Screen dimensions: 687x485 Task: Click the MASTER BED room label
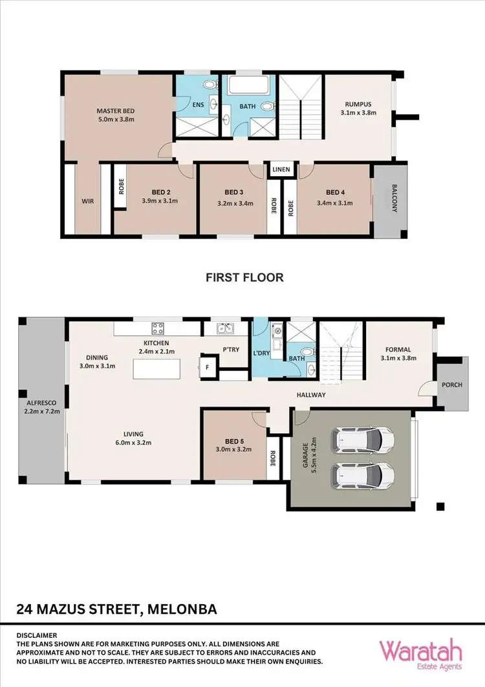[114, 110]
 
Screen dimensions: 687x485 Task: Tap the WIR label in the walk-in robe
[88, 201]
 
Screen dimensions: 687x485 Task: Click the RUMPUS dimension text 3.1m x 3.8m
[358, 113]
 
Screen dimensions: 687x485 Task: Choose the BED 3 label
[233, 192]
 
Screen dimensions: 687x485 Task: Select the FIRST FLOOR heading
[244, 277]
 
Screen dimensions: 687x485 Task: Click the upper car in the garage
[363, 440]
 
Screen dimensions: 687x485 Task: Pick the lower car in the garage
[363, 477]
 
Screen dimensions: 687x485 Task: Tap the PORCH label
[451, 385]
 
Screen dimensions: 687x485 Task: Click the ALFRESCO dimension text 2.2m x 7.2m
[41, 411]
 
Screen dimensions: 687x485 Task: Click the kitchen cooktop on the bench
[159, 328]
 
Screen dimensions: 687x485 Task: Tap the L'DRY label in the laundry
[262, 353]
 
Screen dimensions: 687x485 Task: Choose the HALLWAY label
[310, 395]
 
